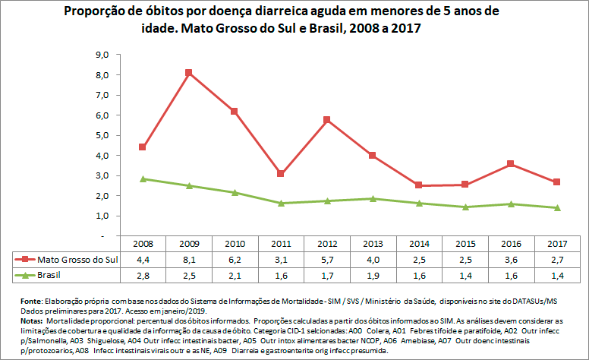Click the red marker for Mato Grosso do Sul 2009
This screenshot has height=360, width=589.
[x=188, y=73]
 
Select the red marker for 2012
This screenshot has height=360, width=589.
[x=326, y=120]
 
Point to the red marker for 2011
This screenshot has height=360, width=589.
[x=281, y=173]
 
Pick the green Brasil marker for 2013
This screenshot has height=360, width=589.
[x=373, y=198]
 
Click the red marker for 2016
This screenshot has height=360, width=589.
[x=511, y=163]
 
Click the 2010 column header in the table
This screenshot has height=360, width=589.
[x=235, y=245]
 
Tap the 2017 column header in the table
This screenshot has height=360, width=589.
[x=556, y=245]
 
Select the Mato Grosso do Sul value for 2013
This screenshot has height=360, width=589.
[x=373, y=259]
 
